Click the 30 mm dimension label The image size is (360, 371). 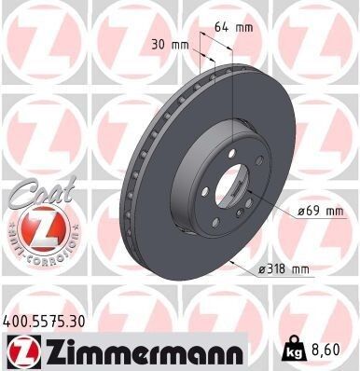171,44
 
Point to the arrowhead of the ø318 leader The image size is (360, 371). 229,264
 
